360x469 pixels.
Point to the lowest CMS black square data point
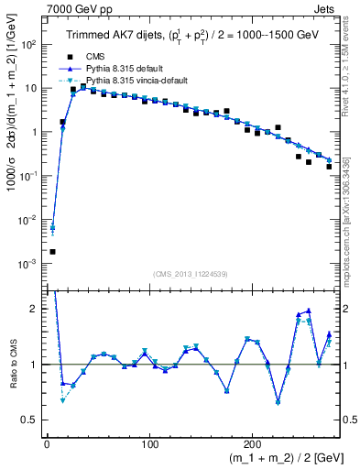tap(52, 251)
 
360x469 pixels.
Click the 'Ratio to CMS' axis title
tap(12, 365)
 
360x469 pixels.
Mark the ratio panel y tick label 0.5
tap(32, 420)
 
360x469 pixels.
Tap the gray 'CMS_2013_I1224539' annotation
tap(190, 272)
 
